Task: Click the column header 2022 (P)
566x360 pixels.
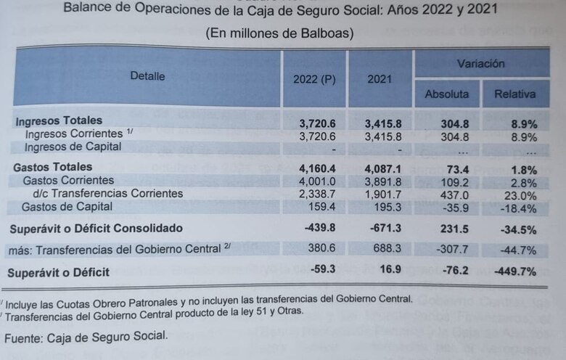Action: click(314, 79)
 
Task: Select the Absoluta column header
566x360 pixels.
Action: click(446, 94)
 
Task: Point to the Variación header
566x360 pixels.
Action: click(480, 64)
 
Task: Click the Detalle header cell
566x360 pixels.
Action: click(147, 76)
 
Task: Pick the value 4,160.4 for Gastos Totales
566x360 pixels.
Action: click(313, 168)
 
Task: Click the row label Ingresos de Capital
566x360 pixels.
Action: click(73, 147)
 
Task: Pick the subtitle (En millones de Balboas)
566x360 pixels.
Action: click(279, 33)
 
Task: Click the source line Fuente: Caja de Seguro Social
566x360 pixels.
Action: click(86, 337)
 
